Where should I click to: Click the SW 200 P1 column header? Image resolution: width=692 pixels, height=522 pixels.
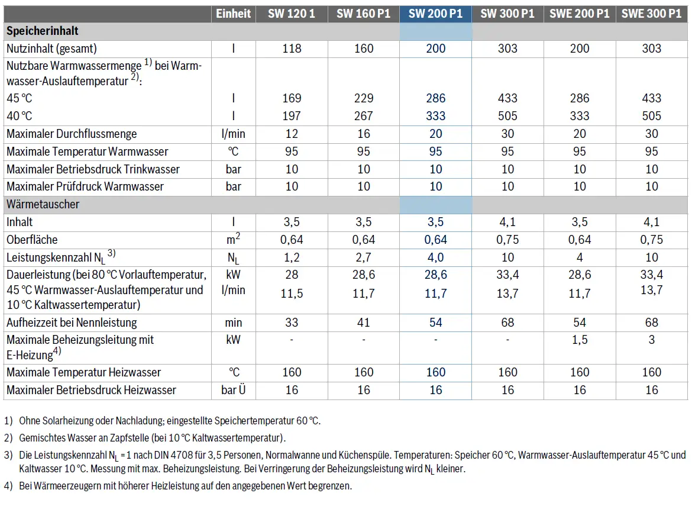coord(435,14)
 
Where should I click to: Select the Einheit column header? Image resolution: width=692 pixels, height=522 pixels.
coord(233,14)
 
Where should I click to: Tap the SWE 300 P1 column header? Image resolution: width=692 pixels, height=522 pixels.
coord(651,14)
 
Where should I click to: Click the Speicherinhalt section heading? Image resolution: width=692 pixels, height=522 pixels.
coord(43,31)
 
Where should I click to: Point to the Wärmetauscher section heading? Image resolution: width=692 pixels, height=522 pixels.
coord(43,204)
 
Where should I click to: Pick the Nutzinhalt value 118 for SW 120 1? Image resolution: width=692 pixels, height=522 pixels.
coord(292,49)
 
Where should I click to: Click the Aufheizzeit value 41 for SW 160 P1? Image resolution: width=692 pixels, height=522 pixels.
coord(364,323)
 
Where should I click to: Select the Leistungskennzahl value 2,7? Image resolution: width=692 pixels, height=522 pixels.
coord(364,257)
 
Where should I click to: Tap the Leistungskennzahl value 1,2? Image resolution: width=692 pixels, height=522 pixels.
coord(292,257)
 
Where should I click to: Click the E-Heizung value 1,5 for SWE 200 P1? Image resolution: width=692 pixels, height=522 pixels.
coord(580,340)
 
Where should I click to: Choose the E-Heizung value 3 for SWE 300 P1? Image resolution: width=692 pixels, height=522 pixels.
coord(651,340)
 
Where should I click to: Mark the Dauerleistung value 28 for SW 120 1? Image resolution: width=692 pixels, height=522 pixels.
coord(292,275)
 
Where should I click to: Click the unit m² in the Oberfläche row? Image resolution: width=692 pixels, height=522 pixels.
coord(233,239)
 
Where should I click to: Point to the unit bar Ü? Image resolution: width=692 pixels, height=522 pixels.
coord(233,391)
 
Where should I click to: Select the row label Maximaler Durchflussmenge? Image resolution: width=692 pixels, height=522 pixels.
coord(72,134)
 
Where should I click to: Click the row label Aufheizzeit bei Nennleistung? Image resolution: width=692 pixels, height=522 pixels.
coord(72,323)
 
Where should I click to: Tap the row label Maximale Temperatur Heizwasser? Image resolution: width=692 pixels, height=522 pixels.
coord(83,373)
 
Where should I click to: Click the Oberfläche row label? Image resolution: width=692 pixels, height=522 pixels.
coord(32,240)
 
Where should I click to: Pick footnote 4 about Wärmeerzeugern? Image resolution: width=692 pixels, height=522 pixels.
coord(178,486)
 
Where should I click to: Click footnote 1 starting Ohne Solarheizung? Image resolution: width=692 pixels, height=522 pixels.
coord(163,421)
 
